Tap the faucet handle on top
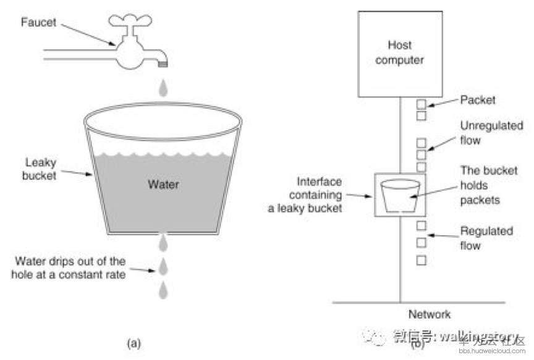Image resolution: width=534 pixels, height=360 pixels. coord(130,19)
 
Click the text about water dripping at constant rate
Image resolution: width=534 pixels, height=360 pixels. coord(70,266)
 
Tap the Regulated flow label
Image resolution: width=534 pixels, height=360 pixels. coord(486,238)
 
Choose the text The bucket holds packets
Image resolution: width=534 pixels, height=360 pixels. coord(488,185)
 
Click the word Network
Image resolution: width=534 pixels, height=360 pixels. coord(430,314)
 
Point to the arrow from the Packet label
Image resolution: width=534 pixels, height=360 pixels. coord(440,103)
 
